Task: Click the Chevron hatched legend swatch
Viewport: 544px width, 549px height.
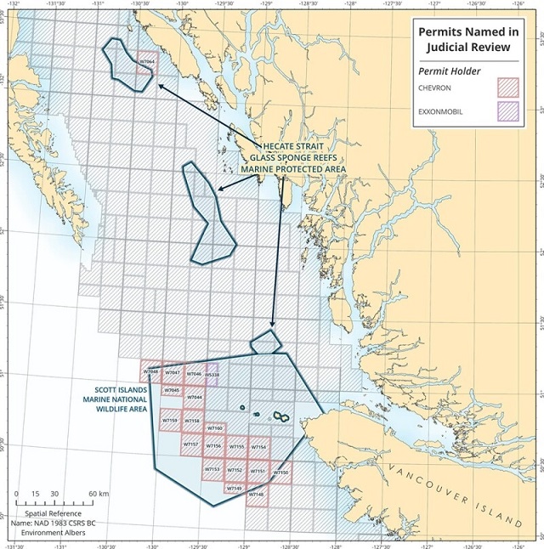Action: pyautogui.click(x=508, y=85)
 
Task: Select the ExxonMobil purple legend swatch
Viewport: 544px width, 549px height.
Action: pyautogui.click(x=508, y=111)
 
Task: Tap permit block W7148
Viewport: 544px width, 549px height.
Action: pyautogui.click(x=257, y=494)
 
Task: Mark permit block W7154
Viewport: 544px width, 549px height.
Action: pyautogui.click(x=258, y=447)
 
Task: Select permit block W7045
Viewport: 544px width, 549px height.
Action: pyautogui.click(x=172, y=391)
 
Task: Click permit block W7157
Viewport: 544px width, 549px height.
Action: pyautogui.click(x=190, y=444)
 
